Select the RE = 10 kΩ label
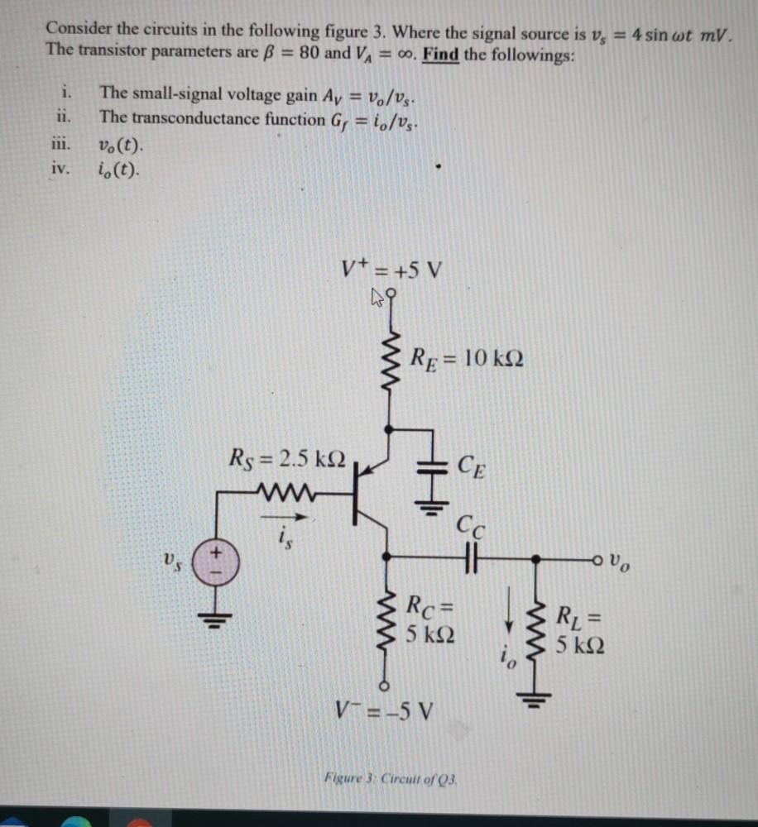click(x=467, y=360)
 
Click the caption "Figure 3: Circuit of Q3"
click(x=391, y=778)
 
